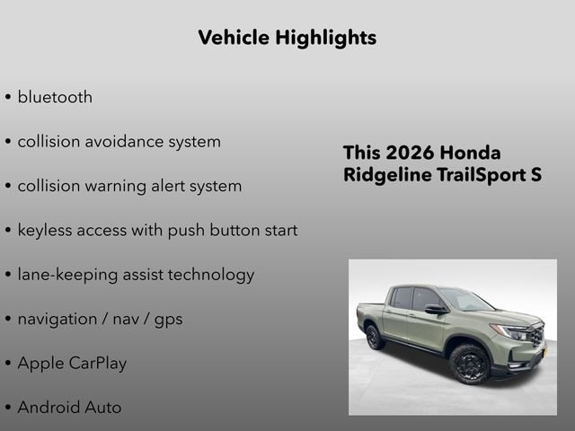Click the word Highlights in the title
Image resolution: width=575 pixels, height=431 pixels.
coord(329,38)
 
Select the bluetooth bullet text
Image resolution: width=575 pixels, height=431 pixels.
coord(55,97)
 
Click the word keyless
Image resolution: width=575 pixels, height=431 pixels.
coord(45,230)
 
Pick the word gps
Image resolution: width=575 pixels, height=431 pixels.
coord(167,320)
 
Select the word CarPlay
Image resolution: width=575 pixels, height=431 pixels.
coord(96,363)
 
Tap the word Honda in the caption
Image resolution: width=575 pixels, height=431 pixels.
coord(471,153)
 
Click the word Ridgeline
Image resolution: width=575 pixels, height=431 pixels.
coord(385,174)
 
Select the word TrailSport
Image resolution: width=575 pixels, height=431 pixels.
coord(473,174)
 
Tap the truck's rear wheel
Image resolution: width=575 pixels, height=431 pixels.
coord(376,337)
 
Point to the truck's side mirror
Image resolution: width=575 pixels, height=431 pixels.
coord(435,309)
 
